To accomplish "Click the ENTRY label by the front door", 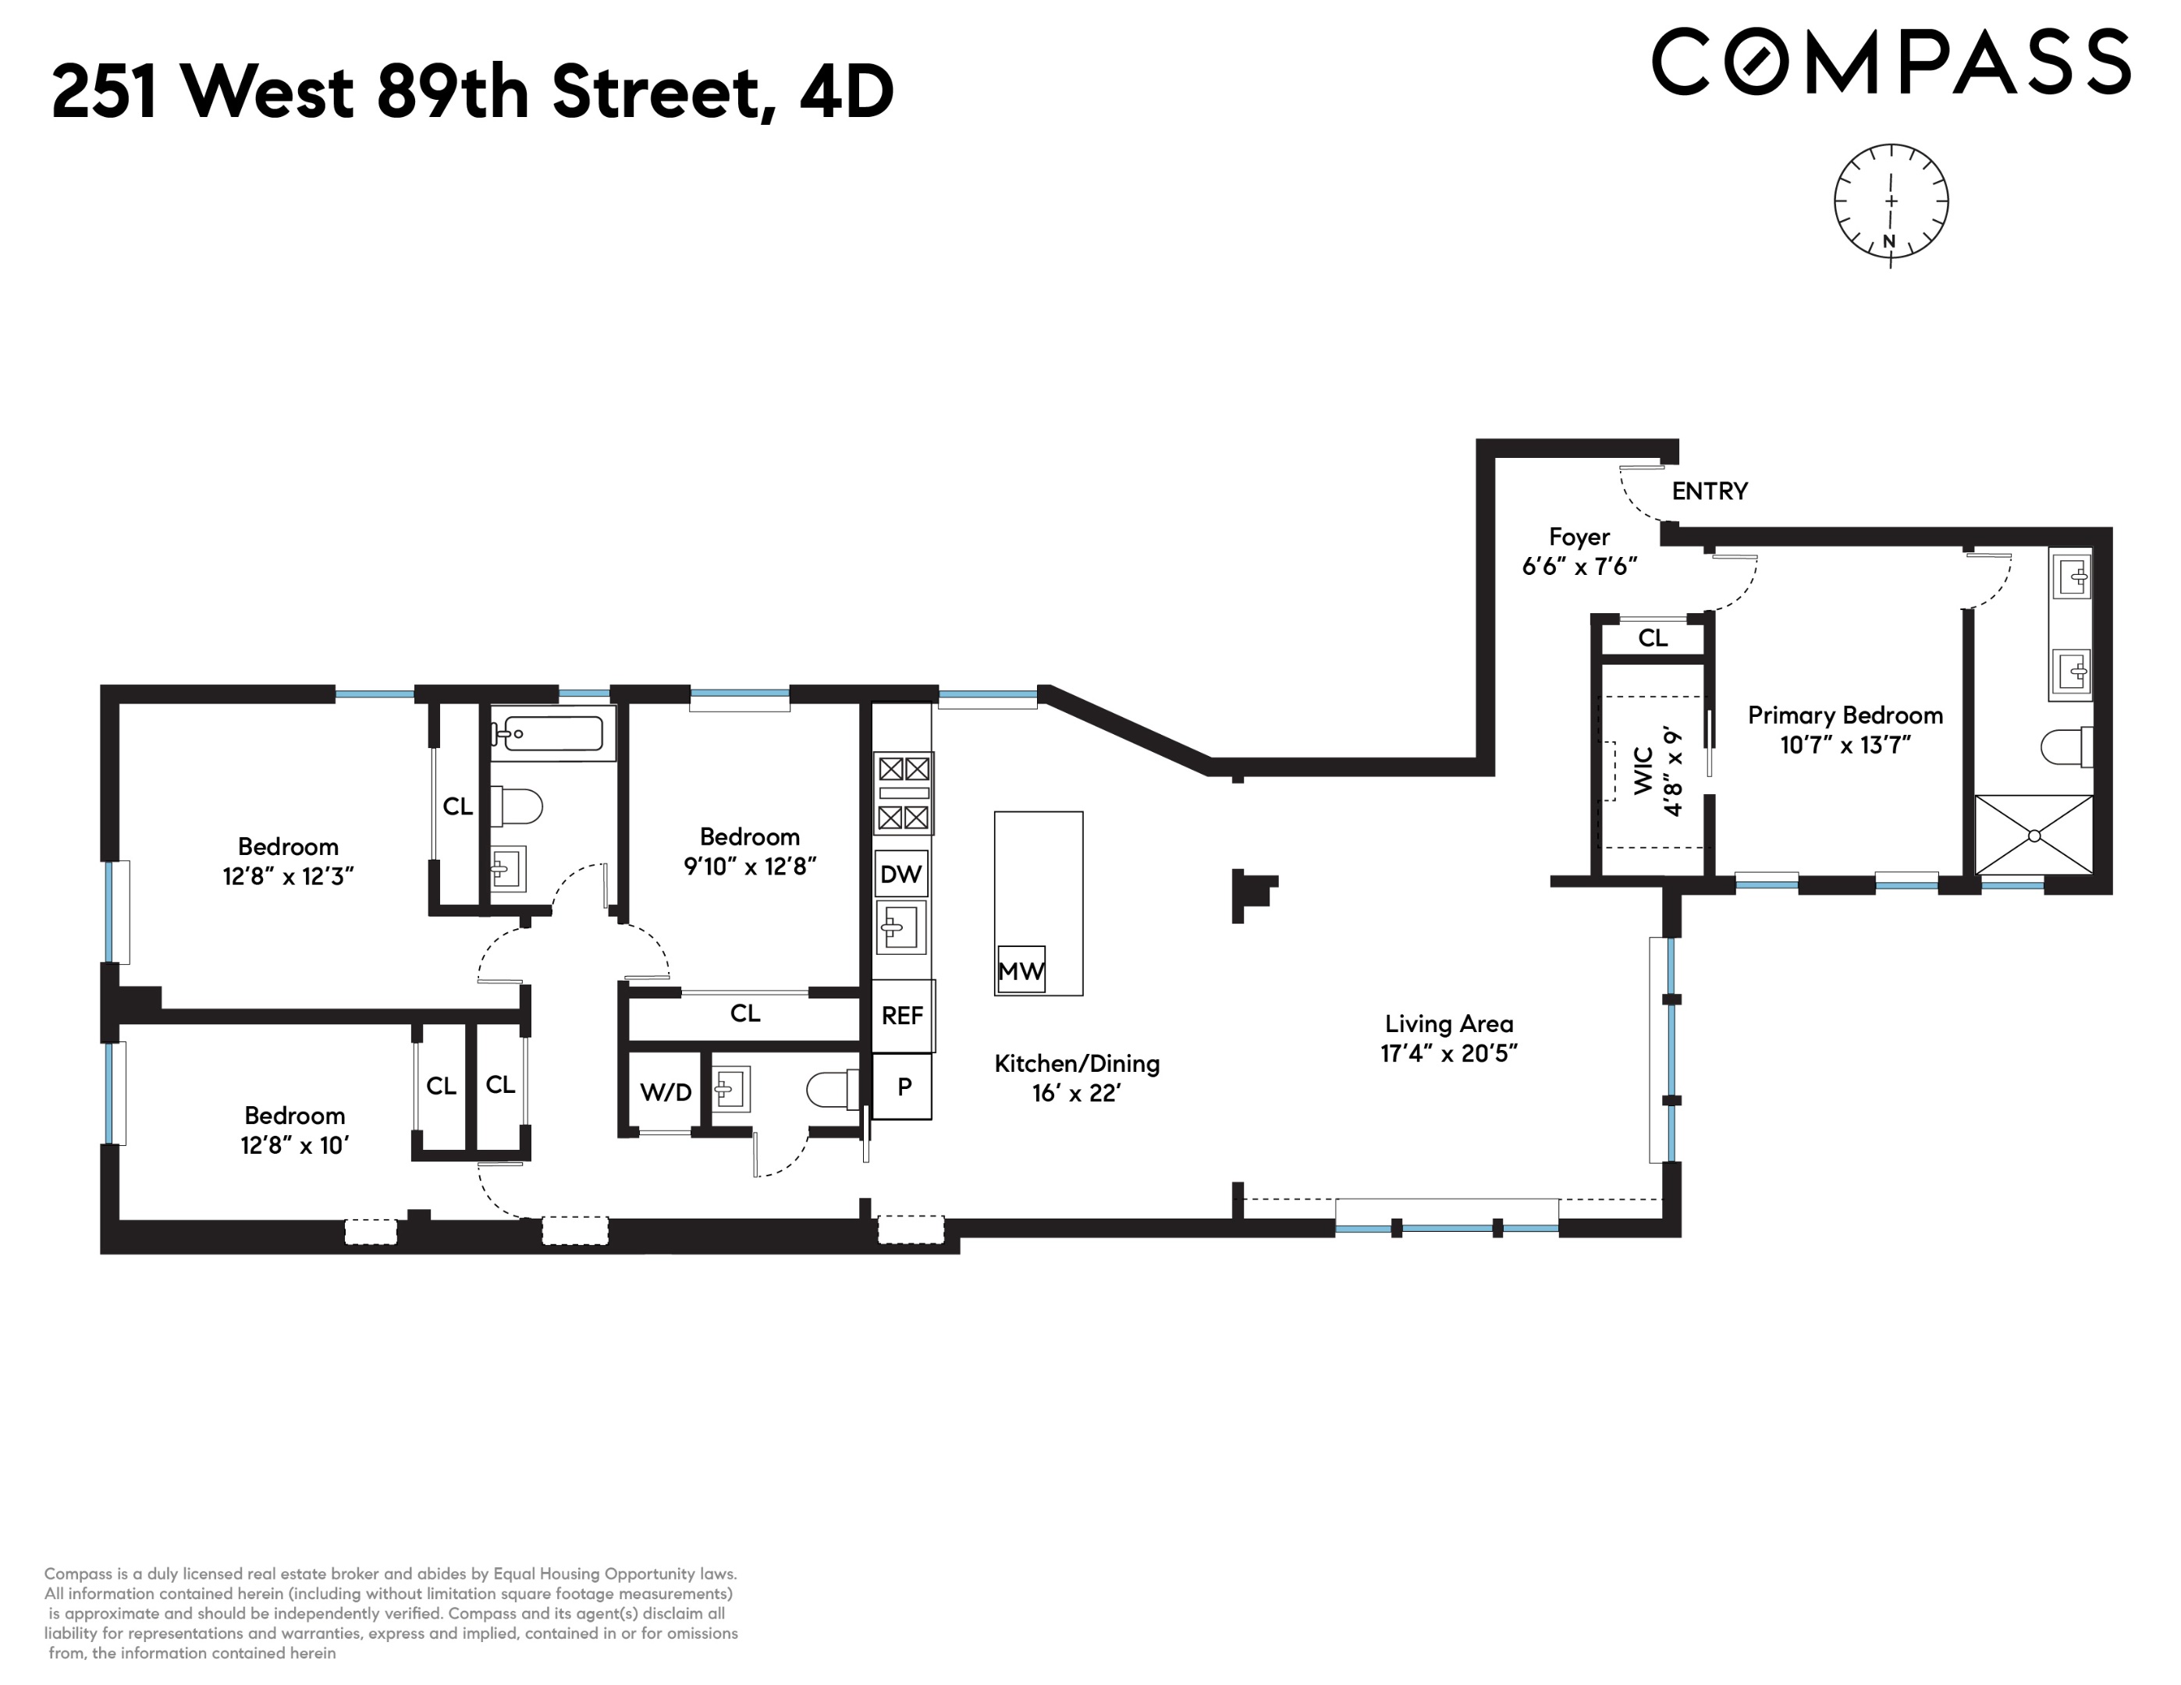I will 1710,491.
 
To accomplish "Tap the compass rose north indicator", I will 1888,240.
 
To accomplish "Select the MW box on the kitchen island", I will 1021,970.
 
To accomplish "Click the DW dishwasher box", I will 900,874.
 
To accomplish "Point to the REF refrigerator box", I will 902,1015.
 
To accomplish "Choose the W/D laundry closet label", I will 665,1092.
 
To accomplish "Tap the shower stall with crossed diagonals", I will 2034,835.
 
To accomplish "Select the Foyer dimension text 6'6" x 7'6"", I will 1579,566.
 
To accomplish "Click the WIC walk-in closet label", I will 1643,771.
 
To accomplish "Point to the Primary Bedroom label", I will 1845,715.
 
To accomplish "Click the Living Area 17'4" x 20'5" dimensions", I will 1448,1053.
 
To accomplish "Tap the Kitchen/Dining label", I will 1077,1063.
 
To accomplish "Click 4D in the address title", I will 846,92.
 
